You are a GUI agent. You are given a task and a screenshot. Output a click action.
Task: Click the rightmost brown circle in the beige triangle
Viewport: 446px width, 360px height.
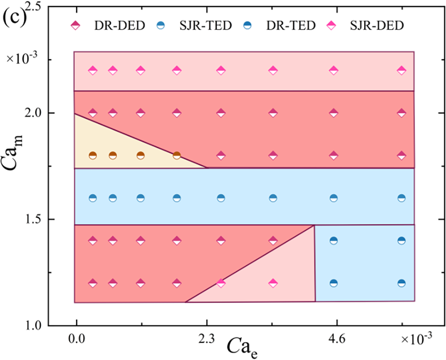[x=177, y=156]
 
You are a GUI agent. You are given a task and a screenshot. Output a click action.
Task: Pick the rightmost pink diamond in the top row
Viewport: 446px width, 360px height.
[x=402, y=71]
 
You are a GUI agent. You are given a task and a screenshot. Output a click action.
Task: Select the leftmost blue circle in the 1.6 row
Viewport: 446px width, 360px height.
[x=92, y=198]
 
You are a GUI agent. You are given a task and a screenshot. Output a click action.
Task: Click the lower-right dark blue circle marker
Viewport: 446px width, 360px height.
[x=402, y=283]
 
